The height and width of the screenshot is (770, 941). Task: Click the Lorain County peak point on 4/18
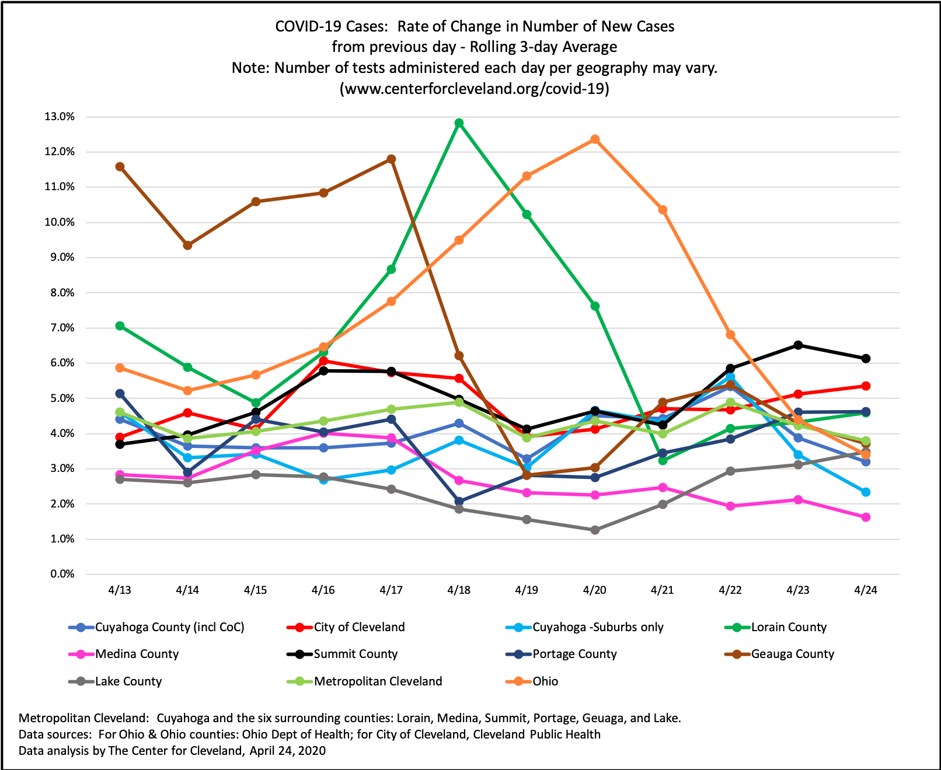pyautogui.click(x=459, y=123)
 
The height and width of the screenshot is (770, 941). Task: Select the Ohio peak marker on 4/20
pyautogui.click(x=595, y=139)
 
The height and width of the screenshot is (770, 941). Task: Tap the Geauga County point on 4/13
pyautogui.click(x=120, y=167)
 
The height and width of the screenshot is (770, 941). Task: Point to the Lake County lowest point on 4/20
pyautogui.click(x=595, y=530)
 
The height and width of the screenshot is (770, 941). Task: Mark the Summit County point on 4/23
pyautogui.click(x=798, y=345)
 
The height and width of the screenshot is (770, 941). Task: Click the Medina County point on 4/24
pyautogui.click(x=866, y=517)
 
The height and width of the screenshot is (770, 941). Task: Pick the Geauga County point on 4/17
pyautogui.click(x=391, y=159)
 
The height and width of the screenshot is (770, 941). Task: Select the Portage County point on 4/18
pyautogui.click(x=459, y=501)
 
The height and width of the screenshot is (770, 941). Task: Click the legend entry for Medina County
pyautogui.click(x=124, y=654)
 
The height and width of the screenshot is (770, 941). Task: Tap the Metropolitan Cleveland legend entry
pyautogui.click(x=364, y=681)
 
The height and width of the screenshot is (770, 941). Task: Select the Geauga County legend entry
pyautogui.click(x=779, y=654)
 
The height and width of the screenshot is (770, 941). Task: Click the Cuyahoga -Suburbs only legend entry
pyautogui.click(x=584, y=627)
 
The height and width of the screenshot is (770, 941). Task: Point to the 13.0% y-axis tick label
pyautogui.click(x=60, y=117)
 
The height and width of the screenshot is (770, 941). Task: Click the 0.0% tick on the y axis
pyautogui.click(x=62, y=574)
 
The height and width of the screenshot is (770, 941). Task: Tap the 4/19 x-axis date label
pyautogui.click(x=527, y=590)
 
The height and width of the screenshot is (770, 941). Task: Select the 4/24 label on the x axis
pyautogui.click(x=866, y=590)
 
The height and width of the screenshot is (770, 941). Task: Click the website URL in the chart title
pyautogui.click(x=474, y=89)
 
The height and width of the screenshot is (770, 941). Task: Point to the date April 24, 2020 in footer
pyautogui.click(x=287, y=751)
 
